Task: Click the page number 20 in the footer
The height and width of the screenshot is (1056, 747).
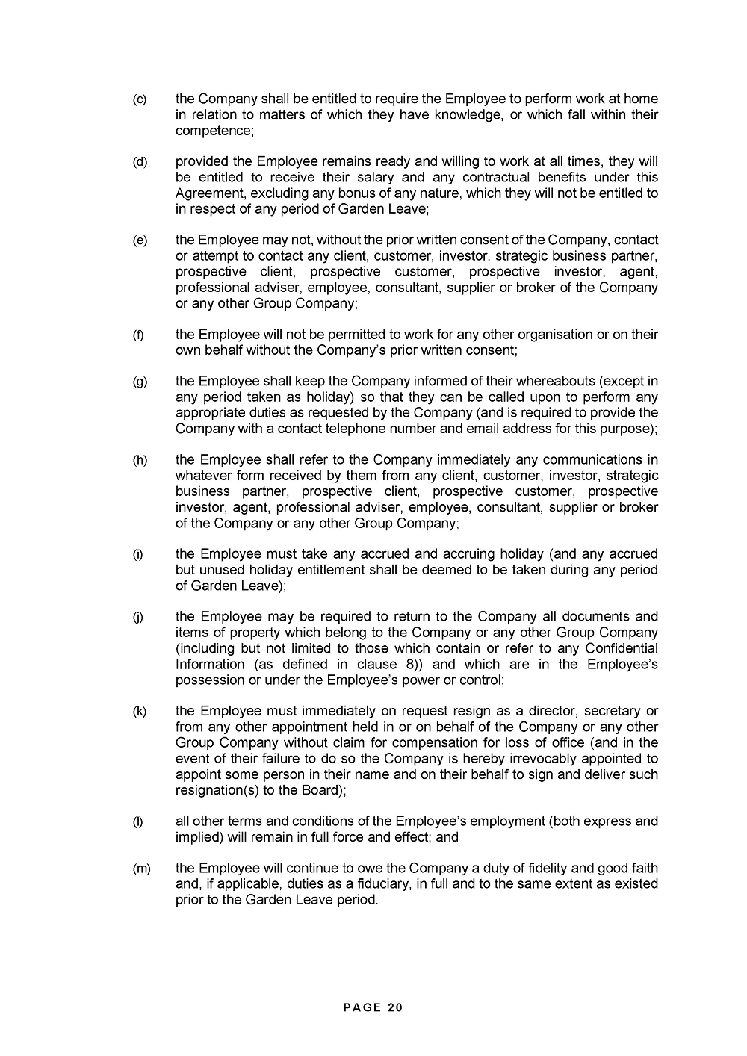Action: pos(395,1007)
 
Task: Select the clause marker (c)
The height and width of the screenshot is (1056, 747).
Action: pos(140,99)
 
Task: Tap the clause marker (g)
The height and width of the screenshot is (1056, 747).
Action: pos(140,382)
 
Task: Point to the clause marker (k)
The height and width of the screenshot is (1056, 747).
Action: pos(140,711)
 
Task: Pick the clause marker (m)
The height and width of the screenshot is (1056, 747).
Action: pos(141,869)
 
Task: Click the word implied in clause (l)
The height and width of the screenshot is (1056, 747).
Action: pos(197,837)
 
